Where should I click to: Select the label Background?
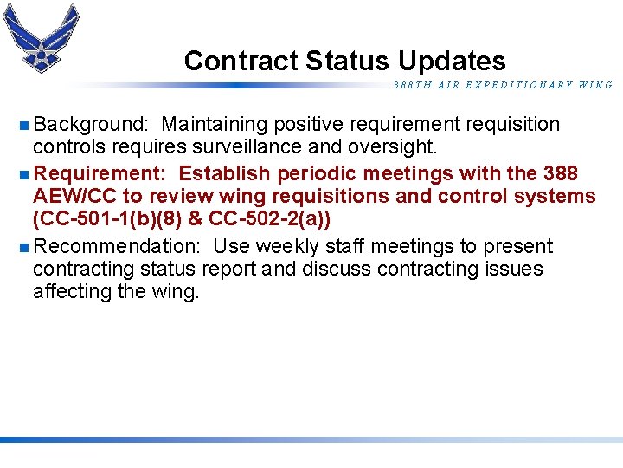coord(91,125)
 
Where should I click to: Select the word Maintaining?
coord(215,125)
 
